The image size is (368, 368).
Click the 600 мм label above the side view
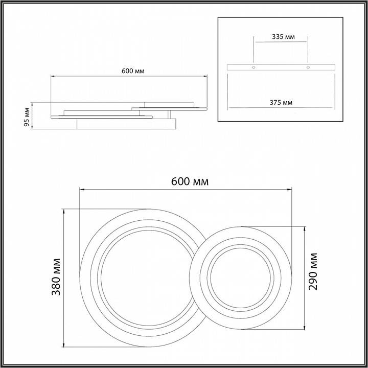tap(132, 71)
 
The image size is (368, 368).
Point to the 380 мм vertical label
tap(57, 278)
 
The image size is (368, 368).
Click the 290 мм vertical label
tap(313, 271)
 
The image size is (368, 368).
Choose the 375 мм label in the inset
tap(281, 103)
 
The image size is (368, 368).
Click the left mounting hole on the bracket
tap(253, 67)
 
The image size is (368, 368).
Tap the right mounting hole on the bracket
tap(308, 67)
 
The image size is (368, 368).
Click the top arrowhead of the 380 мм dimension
tap(64, 210)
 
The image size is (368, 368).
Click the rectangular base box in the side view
tap(126, 124)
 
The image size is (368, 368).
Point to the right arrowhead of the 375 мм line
tap(332, 108)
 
